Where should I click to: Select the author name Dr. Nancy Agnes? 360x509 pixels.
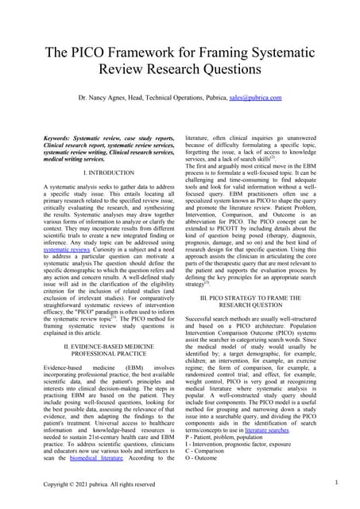103,98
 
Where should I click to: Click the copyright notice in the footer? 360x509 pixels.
99,484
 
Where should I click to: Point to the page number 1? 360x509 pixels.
336,482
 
